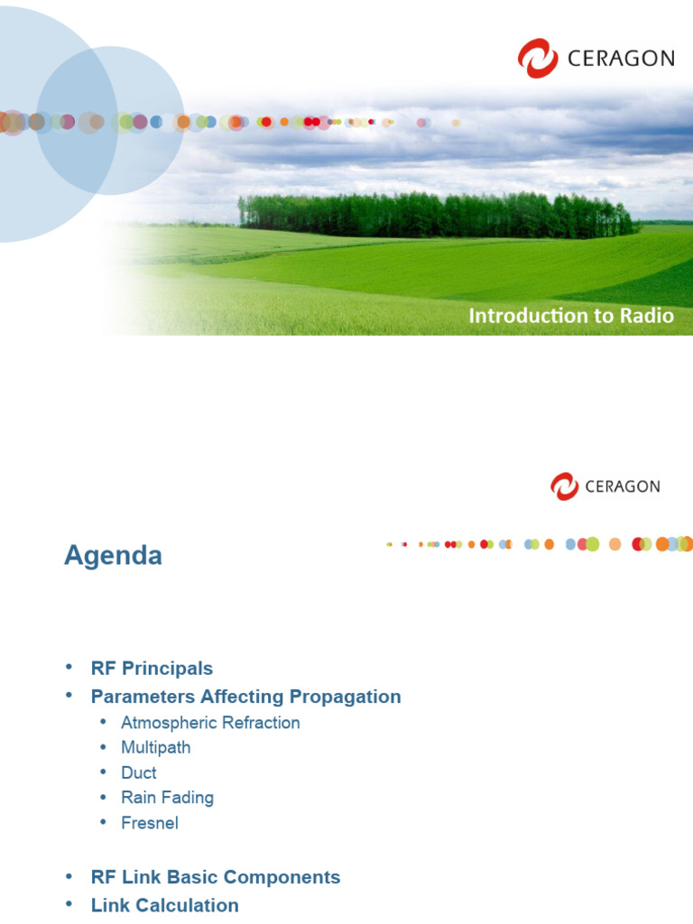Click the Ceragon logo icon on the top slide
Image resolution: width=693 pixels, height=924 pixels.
point(538,58)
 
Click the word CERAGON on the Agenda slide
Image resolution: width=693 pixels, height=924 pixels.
point(623,486)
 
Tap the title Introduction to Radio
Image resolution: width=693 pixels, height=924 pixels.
point(570,316)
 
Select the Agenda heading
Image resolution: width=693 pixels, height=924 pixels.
point(113,555)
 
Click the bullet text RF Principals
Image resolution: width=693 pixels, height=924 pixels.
point(152,669)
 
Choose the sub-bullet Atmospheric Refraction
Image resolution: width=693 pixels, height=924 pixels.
point(210,723)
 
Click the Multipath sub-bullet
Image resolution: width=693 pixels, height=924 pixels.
point(155,747)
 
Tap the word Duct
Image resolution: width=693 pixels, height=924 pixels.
point(139,772)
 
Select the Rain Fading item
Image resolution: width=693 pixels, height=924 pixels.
point(167,798)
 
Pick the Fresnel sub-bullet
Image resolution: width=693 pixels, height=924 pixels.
point(150,823)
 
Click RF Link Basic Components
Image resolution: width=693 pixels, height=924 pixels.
point(216,877)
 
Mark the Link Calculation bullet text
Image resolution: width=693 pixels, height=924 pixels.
point(165,905)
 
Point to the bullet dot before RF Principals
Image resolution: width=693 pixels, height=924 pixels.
point(69,668)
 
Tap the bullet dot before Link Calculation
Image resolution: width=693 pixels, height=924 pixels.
point(69,904)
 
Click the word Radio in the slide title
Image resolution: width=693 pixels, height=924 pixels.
point(646,316)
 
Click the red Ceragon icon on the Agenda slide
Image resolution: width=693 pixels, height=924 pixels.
point(565,486)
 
